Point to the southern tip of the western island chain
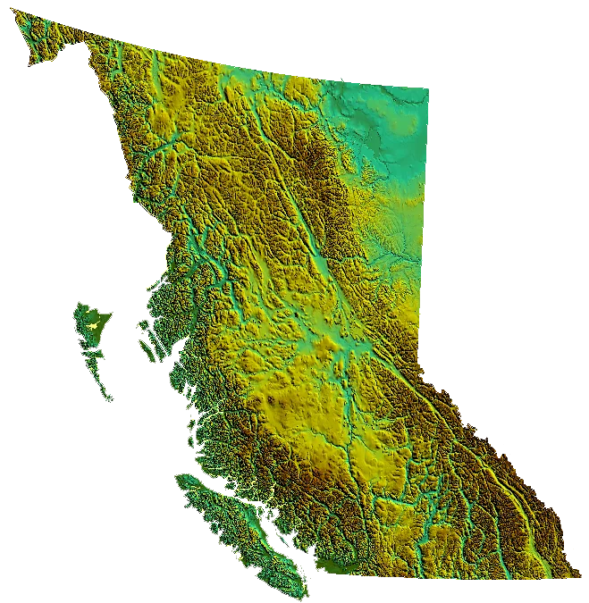tap(109, 401)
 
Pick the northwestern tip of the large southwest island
tap(179, 479)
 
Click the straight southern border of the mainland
tap(447, 577)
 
